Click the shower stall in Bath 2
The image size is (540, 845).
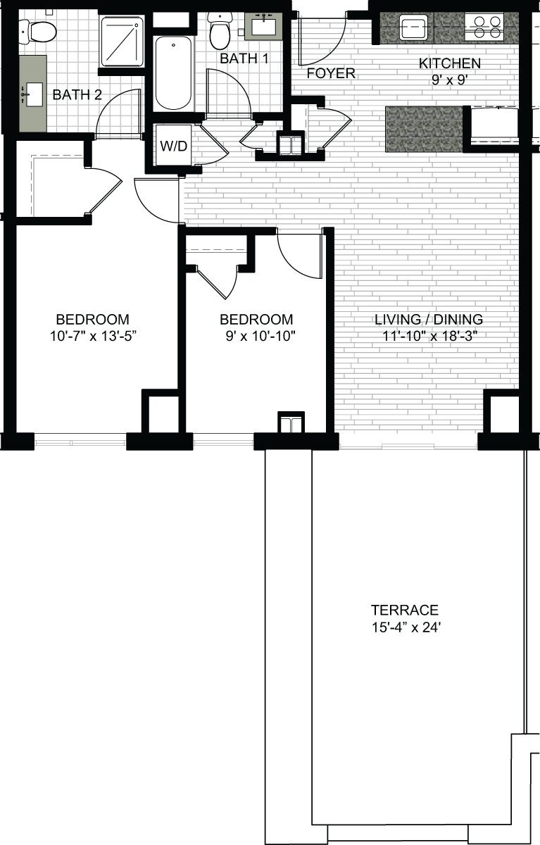[x=121, y=42]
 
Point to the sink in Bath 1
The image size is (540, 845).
[x=263, y=26]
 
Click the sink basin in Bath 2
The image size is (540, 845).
[x=34, y=94]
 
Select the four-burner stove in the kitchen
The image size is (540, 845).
[x=484, y=27]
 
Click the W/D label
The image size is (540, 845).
[x=173, y=146]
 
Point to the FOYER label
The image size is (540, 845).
[x=331, y=73]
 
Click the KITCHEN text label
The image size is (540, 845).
[x=450, y=63]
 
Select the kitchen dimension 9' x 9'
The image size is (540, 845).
[x=448, y=80]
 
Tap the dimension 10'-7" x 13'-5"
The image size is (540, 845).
[x=93, y=335]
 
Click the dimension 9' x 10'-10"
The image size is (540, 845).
[x=260, y=335]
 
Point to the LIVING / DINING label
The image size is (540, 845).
[x=429, y=319]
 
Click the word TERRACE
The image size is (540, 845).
[x=405, y=610]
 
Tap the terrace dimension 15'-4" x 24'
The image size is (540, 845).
[x=406, y=627]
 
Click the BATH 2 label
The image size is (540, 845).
[x=77, y=94]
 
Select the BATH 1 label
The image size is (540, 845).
[x=244, y=58]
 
